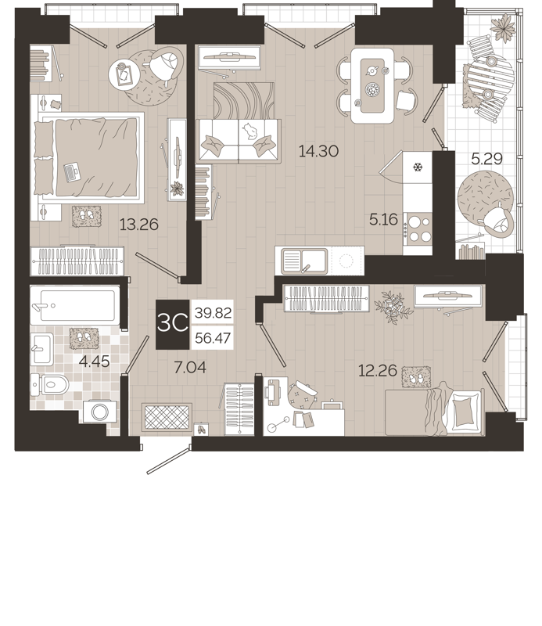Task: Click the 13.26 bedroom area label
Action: pos(138,225)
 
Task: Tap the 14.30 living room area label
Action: pos(318,152)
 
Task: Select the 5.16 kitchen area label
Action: pos(383,220)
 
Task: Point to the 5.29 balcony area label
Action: pos(486,159)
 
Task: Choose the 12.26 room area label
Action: pos(377,370)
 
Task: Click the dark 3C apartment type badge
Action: pos(172,325)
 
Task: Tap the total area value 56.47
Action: pos(212,338)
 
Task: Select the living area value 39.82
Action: pos(212,312)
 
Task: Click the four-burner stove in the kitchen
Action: pos(418,228)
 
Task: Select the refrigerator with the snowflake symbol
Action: pos(418,168)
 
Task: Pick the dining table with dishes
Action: pos(372,85)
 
